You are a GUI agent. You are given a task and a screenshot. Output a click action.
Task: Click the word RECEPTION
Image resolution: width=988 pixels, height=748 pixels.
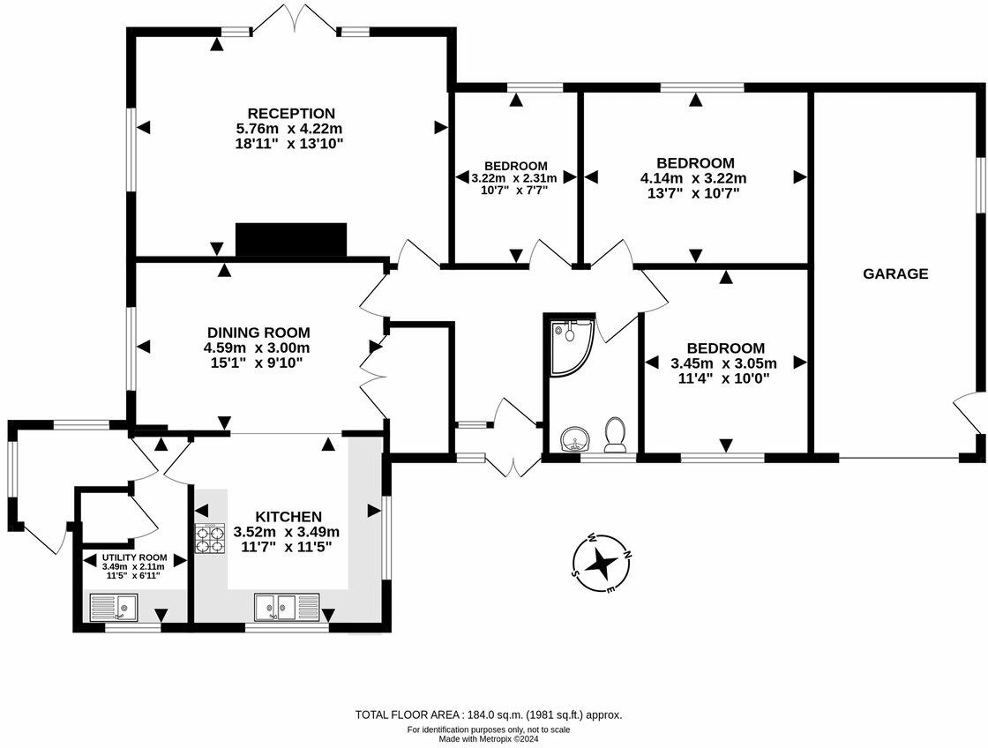coord(291,114)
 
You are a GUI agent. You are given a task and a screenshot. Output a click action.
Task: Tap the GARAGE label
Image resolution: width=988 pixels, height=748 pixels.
coord(895,273)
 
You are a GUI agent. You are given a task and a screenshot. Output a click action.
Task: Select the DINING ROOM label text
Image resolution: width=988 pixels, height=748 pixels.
coord(258,333)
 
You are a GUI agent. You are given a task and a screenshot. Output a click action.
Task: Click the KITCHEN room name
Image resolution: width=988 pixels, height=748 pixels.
coord(288,516)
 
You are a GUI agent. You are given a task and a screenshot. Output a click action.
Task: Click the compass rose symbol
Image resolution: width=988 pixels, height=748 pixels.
coord(602,561)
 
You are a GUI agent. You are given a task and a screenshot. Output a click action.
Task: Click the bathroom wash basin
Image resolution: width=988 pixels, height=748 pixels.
coord(574,438)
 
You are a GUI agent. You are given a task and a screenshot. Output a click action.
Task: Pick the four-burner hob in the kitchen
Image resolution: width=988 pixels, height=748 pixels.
coord(210,539)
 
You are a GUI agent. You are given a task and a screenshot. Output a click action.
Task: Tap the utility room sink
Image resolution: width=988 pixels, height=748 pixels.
coord(115,607)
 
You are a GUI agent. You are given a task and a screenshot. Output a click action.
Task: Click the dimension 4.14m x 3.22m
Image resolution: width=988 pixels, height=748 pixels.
coord(695,177)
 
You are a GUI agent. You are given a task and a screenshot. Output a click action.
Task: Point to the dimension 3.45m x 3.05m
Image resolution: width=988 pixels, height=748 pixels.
coord(723,363)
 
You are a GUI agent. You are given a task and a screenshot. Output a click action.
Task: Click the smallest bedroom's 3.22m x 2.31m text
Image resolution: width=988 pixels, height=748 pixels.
coord(516,177)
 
